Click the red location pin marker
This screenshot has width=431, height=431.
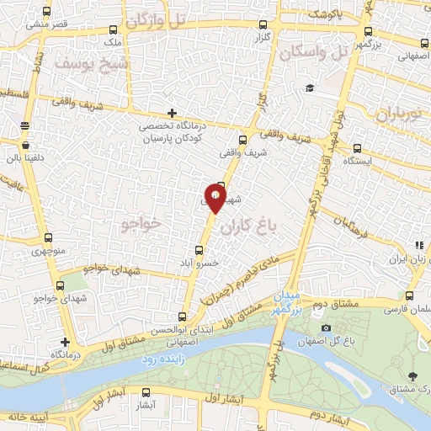(x=216, y=199)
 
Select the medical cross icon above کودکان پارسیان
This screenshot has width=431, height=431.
(x=172, y=113)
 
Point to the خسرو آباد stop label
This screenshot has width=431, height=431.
(x=202, y=263)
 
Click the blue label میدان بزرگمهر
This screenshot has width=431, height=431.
(x=284, y=304)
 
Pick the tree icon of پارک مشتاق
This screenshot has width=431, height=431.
(x=412, y=376)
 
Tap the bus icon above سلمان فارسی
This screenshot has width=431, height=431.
(x=410, y=295)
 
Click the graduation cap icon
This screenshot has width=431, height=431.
(x=310, y=88)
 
